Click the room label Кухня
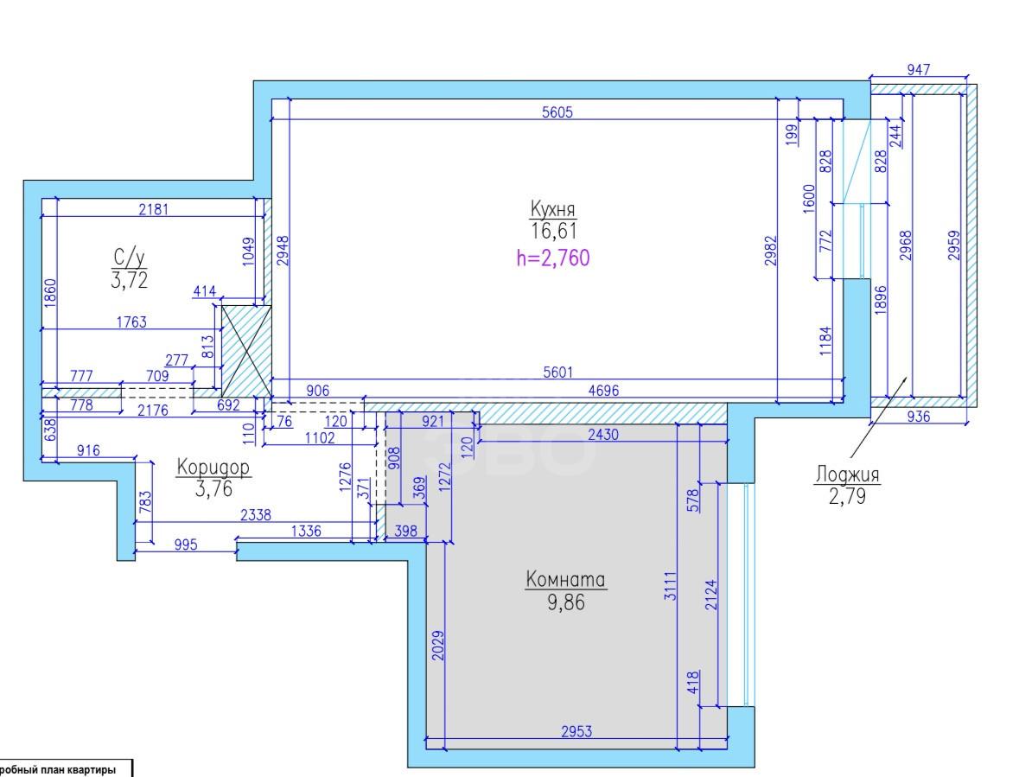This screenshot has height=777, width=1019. click(x=552, y=209)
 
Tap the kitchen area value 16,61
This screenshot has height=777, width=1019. click(x=553, y=231)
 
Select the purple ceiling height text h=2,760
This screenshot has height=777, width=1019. click(x=553, y=258)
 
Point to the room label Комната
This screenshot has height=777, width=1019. click(x=565, y=579)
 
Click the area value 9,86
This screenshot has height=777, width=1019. click(x=566, y=602)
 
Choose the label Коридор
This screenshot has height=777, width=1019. click(x=213, y=467)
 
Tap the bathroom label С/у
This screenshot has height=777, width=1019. click(x=130, y=258)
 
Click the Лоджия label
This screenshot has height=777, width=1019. click(x=847, y=474)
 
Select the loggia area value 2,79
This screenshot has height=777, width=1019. click(x=847, y=496)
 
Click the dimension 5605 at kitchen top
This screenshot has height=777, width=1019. click(x=557, y=111)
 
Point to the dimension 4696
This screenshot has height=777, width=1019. click(x=603, y=391)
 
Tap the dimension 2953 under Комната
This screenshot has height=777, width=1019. click(x=576, y=731)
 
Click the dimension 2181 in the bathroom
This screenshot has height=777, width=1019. click(x=153, y=209)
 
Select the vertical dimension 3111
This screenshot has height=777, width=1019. click(x=670, y=585)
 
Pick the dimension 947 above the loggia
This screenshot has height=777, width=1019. click(x=918, y=69)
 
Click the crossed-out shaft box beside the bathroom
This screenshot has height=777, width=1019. click(x=246, y=351)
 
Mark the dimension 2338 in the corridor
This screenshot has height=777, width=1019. click(x=256, y=514)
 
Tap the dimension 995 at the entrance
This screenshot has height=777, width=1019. click(x=186, y=545)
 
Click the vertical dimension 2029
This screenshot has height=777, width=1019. click(x=439, y=645)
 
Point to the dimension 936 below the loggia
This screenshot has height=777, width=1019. click(x=918, y=417)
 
